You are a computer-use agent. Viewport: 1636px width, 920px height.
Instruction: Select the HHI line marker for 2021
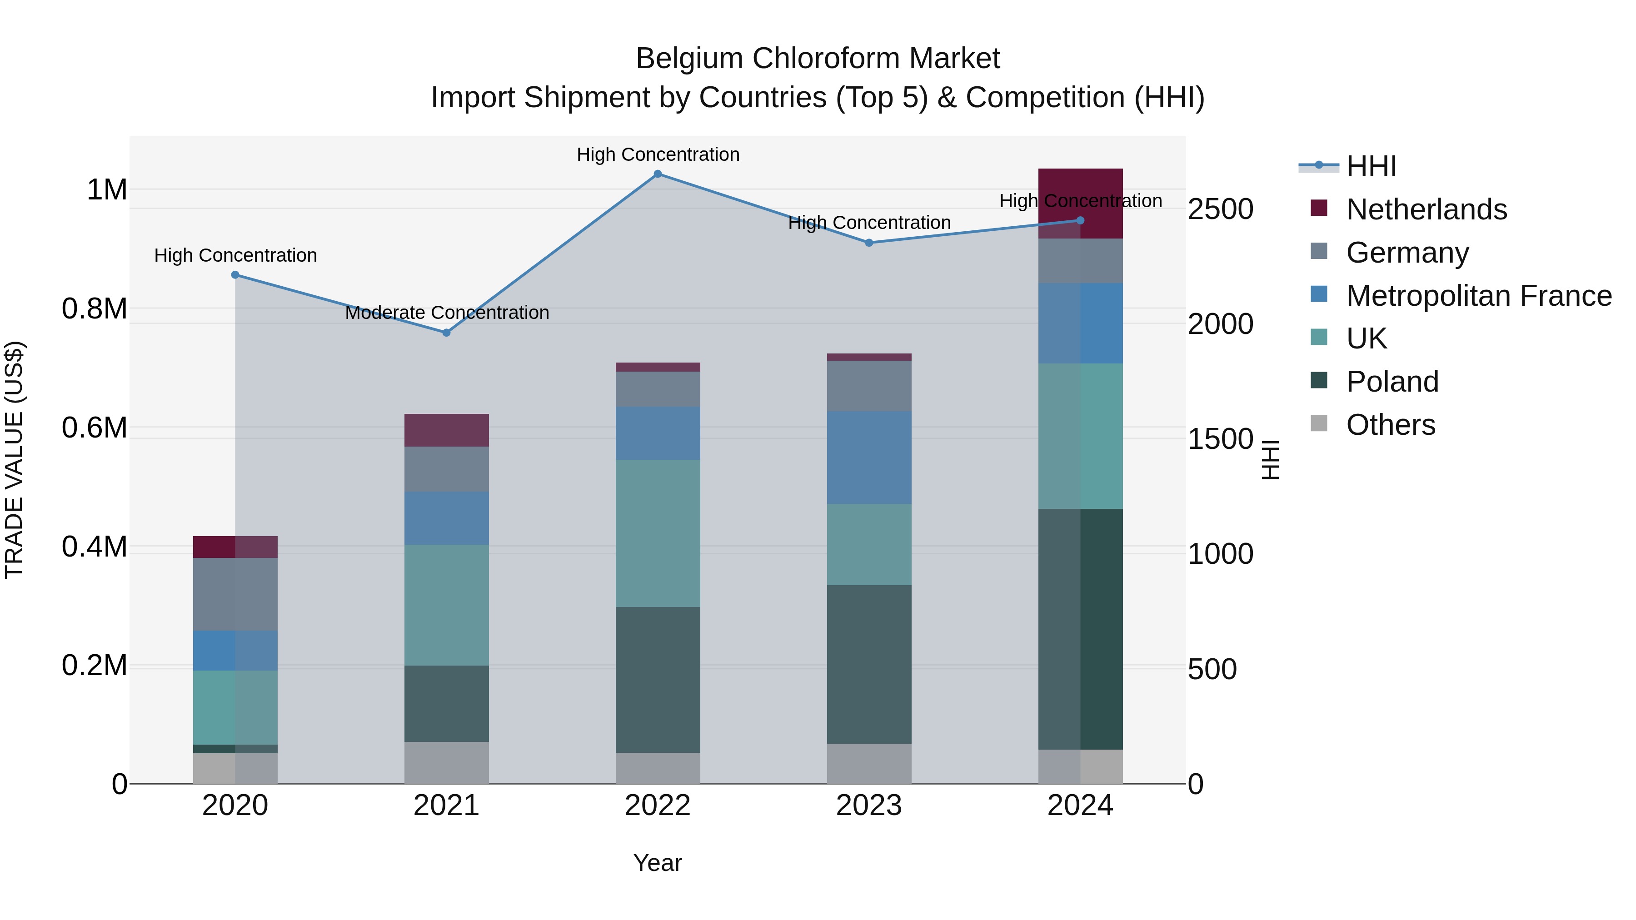tap(446, 333)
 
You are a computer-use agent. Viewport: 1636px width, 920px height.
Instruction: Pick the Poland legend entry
tap(1392, 382)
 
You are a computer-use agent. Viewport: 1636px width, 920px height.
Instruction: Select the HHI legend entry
tap(1371, 166)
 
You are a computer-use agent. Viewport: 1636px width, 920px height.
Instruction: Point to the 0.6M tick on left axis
tap(95, 428)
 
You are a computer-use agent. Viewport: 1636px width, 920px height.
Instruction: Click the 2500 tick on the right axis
tap(1220, 209)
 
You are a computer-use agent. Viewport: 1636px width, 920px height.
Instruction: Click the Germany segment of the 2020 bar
tap(235, 594)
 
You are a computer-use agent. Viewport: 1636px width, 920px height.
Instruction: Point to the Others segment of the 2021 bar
tap(446, 762)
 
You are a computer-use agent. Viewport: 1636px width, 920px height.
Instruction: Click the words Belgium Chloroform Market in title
tap(818, 59)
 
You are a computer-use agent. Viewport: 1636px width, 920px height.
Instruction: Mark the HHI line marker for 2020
tap(235, 275)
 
